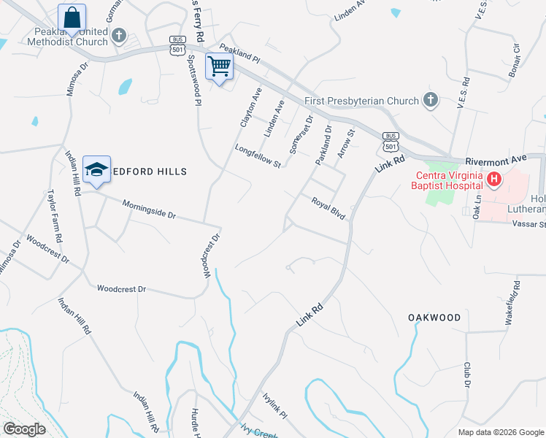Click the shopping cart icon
(x=220, y=66)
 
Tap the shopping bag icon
(x=72, y=16)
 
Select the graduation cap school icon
(x=96, y=169)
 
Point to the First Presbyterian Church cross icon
(x=431, y=100)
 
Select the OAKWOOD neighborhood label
(x=434, y=318)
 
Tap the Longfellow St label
(x=258, y=156)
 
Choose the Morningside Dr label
(x=149, y=210)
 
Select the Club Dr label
(x=466, y=375)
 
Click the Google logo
(x=24, y=429)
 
